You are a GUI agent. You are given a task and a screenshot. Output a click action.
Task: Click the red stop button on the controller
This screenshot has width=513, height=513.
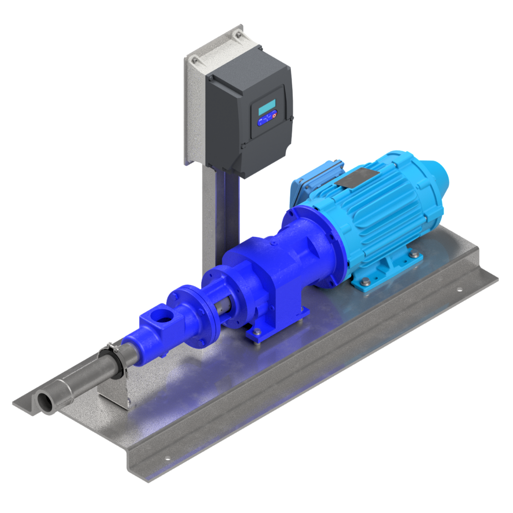pos(274,115)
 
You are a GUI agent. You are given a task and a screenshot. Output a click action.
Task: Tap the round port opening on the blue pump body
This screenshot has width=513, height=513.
pos(164,315)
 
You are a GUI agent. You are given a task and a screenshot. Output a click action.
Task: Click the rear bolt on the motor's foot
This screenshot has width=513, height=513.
pos(416,256)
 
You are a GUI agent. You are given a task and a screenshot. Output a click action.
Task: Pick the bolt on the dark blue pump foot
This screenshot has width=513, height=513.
pos(256,332)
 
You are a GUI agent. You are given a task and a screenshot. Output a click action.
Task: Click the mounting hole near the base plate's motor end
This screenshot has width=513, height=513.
pos(459,289)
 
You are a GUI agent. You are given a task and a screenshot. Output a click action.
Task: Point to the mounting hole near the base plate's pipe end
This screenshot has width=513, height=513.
pos(168,458)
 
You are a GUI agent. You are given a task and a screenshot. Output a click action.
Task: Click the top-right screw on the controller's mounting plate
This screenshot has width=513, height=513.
pos(238,34)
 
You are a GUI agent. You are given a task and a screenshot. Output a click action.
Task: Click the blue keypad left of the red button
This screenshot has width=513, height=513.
pos(264,121)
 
